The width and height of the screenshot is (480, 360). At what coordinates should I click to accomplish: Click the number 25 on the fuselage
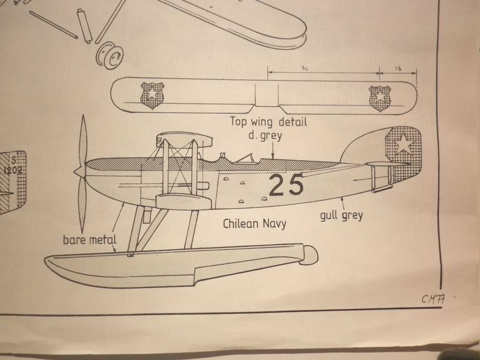point(286,185)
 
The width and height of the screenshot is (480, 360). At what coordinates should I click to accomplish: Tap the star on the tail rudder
point(403,144)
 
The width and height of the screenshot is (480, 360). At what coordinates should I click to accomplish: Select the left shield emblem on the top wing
point(152,95)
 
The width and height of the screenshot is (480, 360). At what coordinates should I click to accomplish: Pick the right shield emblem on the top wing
point(380,98)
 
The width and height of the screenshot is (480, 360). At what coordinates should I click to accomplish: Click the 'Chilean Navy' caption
point(255,224)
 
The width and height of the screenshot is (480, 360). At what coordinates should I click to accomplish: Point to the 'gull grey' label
point(341,216)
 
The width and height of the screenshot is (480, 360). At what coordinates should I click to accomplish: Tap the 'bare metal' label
point(89,240)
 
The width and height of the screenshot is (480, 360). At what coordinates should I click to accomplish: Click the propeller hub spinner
point(80,171)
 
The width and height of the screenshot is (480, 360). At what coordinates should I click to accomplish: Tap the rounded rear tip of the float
point(309,255)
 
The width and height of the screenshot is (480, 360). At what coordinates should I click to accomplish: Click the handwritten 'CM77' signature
point(433,299)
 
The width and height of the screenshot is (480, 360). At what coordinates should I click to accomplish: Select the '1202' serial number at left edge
point(13,170)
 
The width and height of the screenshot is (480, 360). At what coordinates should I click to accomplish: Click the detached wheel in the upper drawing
point(109,56)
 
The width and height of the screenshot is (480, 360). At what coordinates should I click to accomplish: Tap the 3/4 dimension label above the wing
point(305,68)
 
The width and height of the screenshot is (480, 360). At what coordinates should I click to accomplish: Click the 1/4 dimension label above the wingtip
point(398,68)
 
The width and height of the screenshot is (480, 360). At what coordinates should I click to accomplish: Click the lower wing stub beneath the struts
point(183,202)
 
